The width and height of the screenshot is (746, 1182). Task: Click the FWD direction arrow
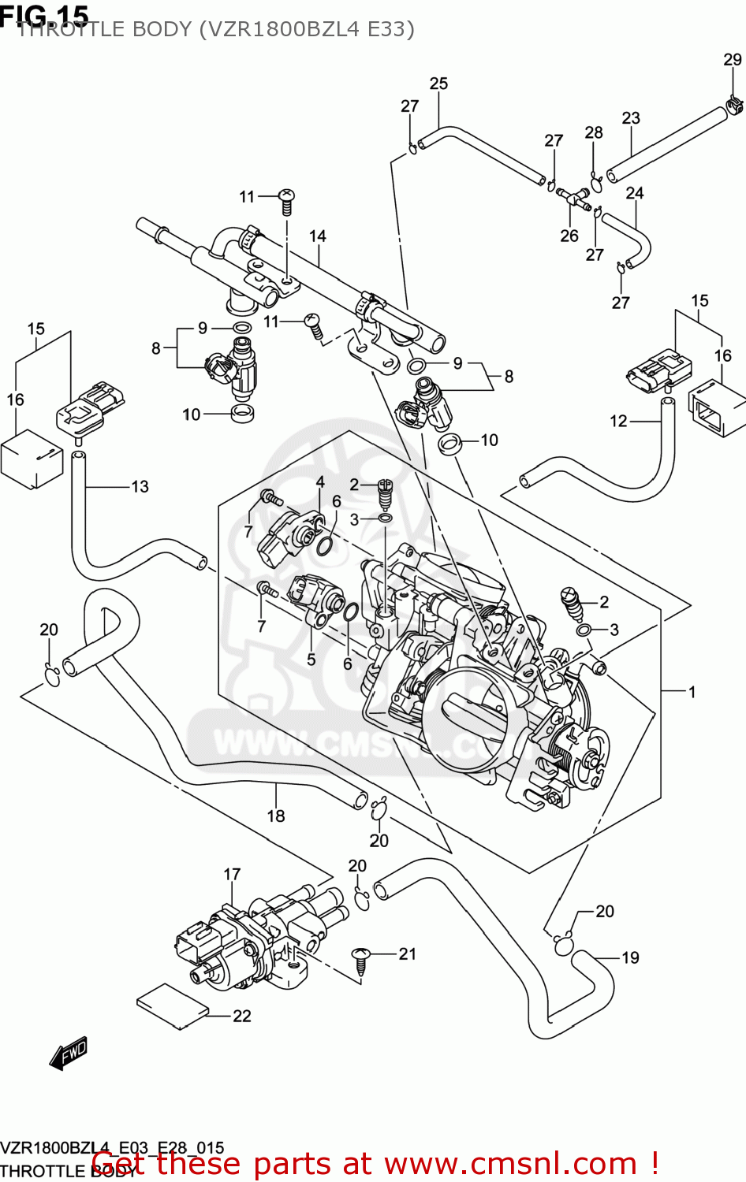tap(69, 1054)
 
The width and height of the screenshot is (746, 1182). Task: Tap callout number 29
tap(733, 60)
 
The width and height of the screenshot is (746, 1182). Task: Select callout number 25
tap(438, 84)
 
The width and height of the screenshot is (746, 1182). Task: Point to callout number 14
tap(317, 236)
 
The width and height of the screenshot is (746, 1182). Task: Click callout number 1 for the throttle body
tap(692, 693)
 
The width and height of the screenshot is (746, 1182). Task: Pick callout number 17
tap(232, 875)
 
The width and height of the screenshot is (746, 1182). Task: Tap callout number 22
tap(242, 1017)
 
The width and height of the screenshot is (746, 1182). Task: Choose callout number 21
tap(407, 954)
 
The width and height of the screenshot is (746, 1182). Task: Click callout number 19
tap(630, 958)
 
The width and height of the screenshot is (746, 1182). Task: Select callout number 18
tap(275, 816)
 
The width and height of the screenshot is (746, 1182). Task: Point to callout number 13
tap(140, 487)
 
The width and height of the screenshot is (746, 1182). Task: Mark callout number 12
tap(618, 422)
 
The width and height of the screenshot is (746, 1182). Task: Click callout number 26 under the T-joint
tap(569, 236)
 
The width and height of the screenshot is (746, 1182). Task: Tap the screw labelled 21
tap(361, 960)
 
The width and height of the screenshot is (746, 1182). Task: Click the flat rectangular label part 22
tap(173, 1006)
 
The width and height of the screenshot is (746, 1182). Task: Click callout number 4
tap(320, 482)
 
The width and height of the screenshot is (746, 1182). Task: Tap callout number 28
tap(594, 133)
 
